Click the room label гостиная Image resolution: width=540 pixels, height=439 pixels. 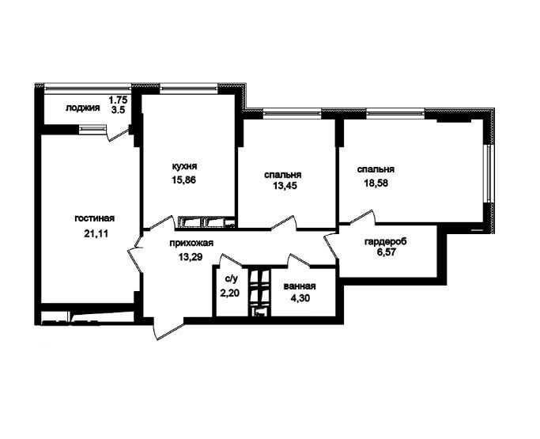coord(94,219)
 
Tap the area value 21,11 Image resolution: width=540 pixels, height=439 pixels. coord(96,233)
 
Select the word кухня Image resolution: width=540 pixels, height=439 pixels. coord(184,167)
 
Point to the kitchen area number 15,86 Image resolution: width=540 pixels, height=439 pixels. coord(184,180)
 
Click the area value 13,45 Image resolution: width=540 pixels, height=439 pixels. coord(285,186)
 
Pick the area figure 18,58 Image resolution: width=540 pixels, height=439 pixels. coord(376,183)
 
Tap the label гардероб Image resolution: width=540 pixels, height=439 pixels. coord(385,241)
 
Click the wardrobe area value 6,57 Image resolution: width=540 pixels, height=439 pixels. coord(385,252)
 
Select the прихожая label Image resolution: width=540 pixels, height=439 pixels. coord(191,243)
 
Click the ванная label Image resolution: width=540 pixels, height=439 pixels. coord(300,286)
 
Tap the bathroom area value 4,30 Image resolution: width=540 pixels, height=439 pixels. coord(300,298)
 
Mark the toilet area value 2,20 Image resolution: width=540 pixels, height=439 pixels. coord(230,293)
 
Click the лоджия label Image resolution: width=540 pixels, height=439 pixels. coord(83,108)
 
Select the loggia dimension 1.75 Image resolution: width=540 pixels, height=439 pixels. coord(118,100)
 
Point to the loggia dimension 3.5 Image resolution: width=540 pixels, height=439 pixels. coord(118,110)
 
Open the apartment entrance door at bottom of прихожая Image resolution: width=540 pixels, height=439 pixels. coord(168,328)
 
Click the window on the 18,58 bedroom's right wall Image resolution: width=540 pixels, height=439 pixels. coord(489,173)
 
